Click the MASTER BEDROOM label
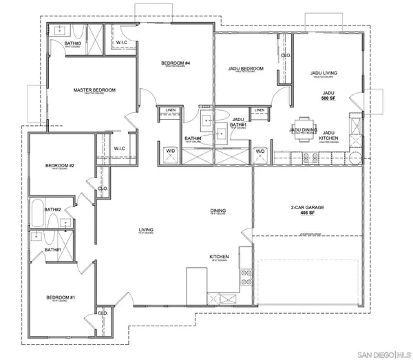tap(94, 90)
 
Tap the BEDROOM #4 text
tap(176, 64)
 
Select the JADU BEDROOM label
tap(246, 69)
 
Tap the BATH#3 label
tap(73, 43)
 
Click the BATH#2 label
tap(53, 209)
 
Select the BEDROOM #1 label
tap(60, 297)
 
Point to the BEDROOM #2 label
tap(60, 165)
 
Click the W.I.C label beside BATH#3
tap(121, 43)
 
